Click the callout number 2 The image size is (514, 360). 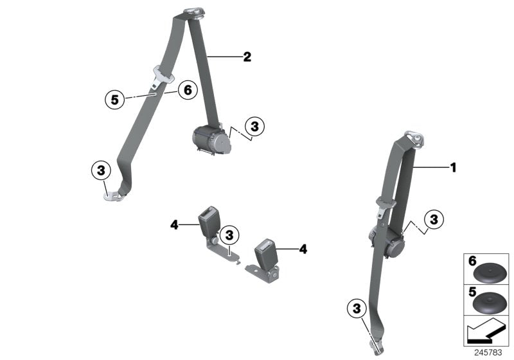247,57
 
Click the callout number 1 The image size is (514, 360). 453,168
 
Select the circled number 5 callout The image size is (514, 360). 115,99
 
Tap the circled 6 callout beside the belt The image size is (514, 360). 188,90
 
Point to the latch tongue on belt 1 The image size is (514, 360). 383,204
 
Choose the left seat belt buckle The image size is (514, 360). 210,222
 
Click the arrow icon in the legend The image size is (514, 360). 486,332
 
